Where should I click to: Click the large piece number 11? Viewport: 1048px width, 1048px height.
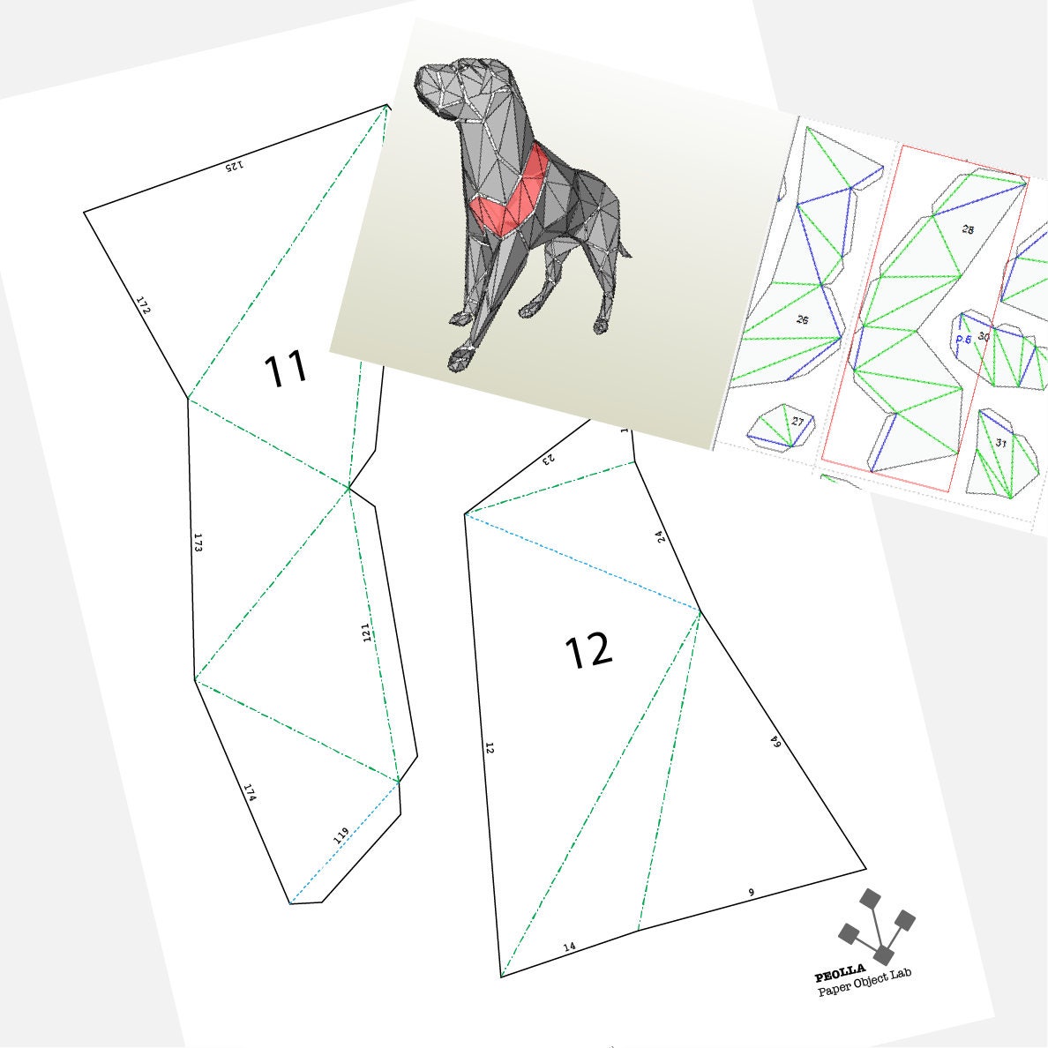tap(286, 370)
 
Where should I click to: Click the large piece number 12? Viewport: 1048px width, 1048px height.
tap(588, 651)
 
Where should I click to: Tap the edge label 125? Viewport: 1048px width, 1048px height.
tap(233, 165)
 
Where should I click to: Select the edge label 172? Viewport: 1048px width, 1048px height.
tap(144, 304)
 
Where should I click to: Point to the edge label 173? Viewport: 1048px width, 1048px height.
tap(198, 543)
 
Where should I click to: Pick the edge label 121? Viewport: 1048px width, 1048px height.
tap(366, 632)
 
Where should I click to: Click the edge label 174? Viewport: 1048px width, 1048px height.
tap(250, 793)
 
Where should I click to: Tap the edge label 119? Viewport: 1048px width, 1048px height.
tap(341, 834)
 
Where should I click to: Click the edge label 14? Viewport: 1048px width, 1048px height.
tap(569, 947)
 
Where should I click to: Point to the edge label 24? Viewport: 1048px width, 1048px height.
tap(662, 535)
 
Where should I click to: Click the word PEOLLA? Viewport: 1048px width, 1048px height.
tap(840, 976)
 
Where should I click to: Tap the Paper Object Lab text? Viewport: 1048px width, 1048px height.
tap(865, 983)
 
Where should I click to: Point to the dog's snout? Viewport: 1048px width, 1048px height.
tap(430, 87)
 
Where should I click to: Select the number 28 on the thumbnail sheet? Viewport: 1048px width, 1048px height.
tap(968, 229)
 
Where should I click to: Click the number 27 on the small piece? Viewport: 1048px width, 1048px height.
tap(797, 422)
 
